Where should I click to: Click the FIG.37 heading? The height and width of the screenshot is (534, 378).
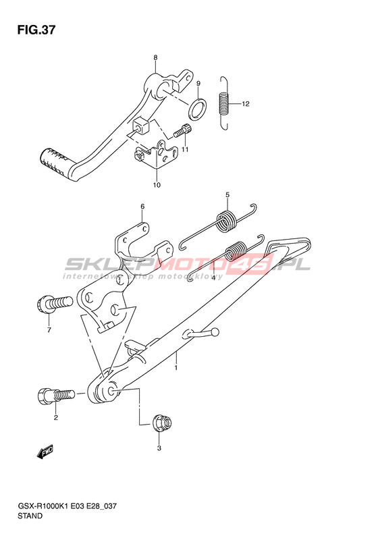pyautogui.click(x=36, y=30)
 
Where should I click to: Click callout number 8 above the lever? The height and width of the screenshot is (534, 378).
pyautogui.click(x=155, y=58)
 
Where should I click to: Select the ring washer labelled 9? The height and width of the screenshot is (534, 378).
pyautogui.click(x=197, y=109)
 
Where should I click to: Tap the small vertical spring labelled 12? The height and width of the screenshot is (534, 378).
pyautogui.click(x=224, y=103)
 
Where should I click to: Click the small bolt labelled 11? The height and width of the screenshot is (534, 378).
pyautogui.click(x=182, y=131)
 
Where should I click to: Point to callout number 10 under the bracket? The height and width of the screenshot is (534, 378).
pyautogui.click(x=157, y=185)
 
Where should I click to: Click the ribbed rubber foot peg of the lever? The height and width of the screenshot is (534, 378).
pyautogui.click(x=55, y=159)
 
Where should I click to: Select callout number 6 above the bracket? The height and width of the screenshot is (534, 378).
pyautogui.click(x=142, y=207)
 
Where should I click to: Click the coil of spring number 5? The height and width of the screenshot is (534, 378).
pyautogui.click(x=226, y=221)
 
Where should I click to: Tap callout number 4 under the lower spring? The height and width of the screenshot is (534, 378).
pyautogui.click(x=213, y=278)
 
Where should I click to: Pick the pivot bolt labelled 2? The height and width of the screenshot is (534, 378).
pyautogui.click(x=55, y=396)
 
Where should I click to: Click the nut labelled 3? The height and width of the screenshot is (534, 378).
pyautogui.click(x=162, y=423)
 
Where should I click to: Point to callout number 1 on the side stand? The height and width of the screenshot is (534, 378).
pyautogui.click(x=176, y=368)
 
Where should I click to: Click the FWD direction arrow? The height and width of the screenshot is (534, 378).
pyautogui.click(x=45, y=452)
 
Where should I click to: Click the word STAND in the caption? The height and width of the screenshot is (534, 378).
pyautogui.click(x=30, y=516)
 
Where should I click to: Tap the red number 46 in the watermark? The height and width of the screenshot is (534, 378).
pyautogui.click(x=252, y=264)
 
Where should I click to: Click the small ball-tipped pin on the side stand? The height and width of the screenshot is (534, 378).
pyautogui.click(x=201, y=333)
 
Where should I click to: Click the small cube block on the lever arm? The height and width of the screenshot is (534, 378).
pyautogui.click(x=140, y=126)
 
